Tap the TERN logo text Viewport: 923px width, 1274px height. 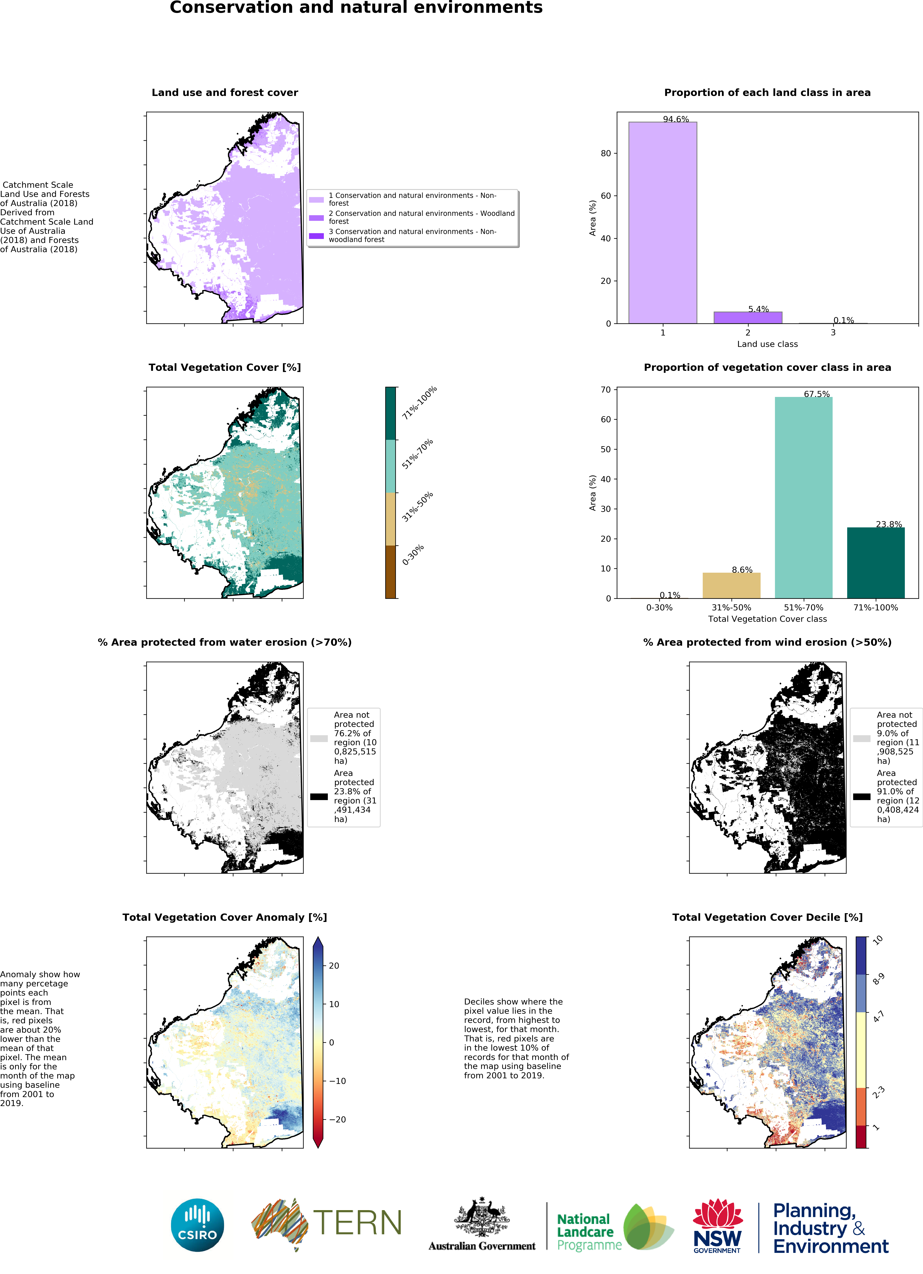(x=357, y=1223)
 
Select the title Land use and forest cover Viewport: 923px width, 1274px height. (x=225, y=93)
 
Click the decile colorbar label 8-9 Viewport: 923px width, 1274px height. (x=878, y=979)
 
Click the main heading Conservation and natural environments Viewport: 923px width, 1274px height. (x=356, y=8)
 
